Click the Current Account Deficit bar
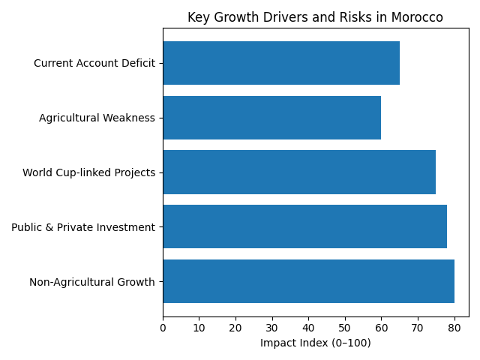point(281,63)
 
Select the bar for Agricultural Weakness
point(271,118)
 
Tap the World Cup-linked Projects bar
point(299,172)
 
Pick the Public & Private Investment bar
point(304,226)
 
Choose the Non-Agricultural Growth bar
point(308,281)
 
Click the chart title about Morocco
point(315,17)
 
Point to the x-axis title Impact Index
point(315,343)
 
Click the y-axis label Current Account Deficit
point(94,63)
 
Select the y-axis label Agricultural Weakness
point(97,118)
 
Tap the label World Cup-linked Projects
point(88,172)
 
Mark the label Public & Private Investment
point(83,227)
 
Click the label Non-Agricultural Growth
point(92,282)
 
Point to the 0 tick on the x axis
point(163,327)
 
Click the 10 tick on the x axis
point(199,327)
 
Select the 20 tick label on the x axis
point(235,327)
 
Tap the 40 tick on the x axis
point(308,327)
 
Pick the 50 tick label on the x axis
point(345,327)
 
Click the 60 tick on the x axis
point(381,327)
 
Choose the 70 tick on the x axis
point(418,327)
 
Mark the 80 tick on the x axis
point(454,327)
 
